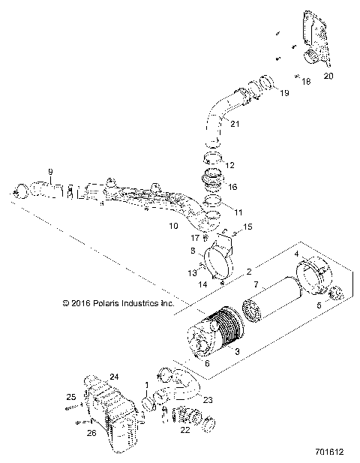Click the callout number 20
[328, 76]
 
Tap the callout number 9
[50, 172]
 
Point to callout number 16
[232, 187]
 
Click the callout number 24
[115, 376]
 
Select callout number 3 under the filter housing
[238, 351]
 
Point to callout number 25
[71, 396]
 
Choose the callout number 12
[230, 164]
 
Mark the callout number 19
[284, 93]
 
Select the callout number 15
[248, 226]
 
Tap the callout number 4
[296, 254]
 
